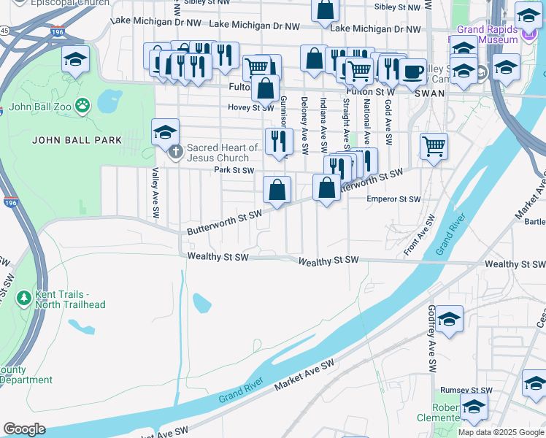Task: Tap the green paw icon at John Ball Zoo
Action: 82,105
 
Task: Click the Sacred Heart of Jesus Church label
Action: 223,153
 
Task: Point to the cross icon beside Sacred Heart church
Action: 174,153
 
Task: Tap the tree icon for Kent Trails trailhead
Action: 23,299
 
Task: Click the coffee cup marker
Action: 412,72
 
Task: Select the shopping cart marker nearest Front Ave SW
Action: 434,146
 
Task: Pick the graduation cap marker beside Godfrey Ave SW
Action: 450,319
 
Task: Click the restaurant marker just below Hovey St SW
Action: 277,142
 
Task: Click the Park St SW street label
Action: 234,171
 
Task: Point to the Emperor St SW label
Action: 393,199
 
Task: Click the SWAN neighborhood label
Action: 427,93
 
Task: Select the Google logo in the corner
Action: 24,429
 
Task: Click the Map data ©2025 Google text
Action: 501,432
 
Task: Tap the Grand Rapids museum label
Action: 488,34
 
